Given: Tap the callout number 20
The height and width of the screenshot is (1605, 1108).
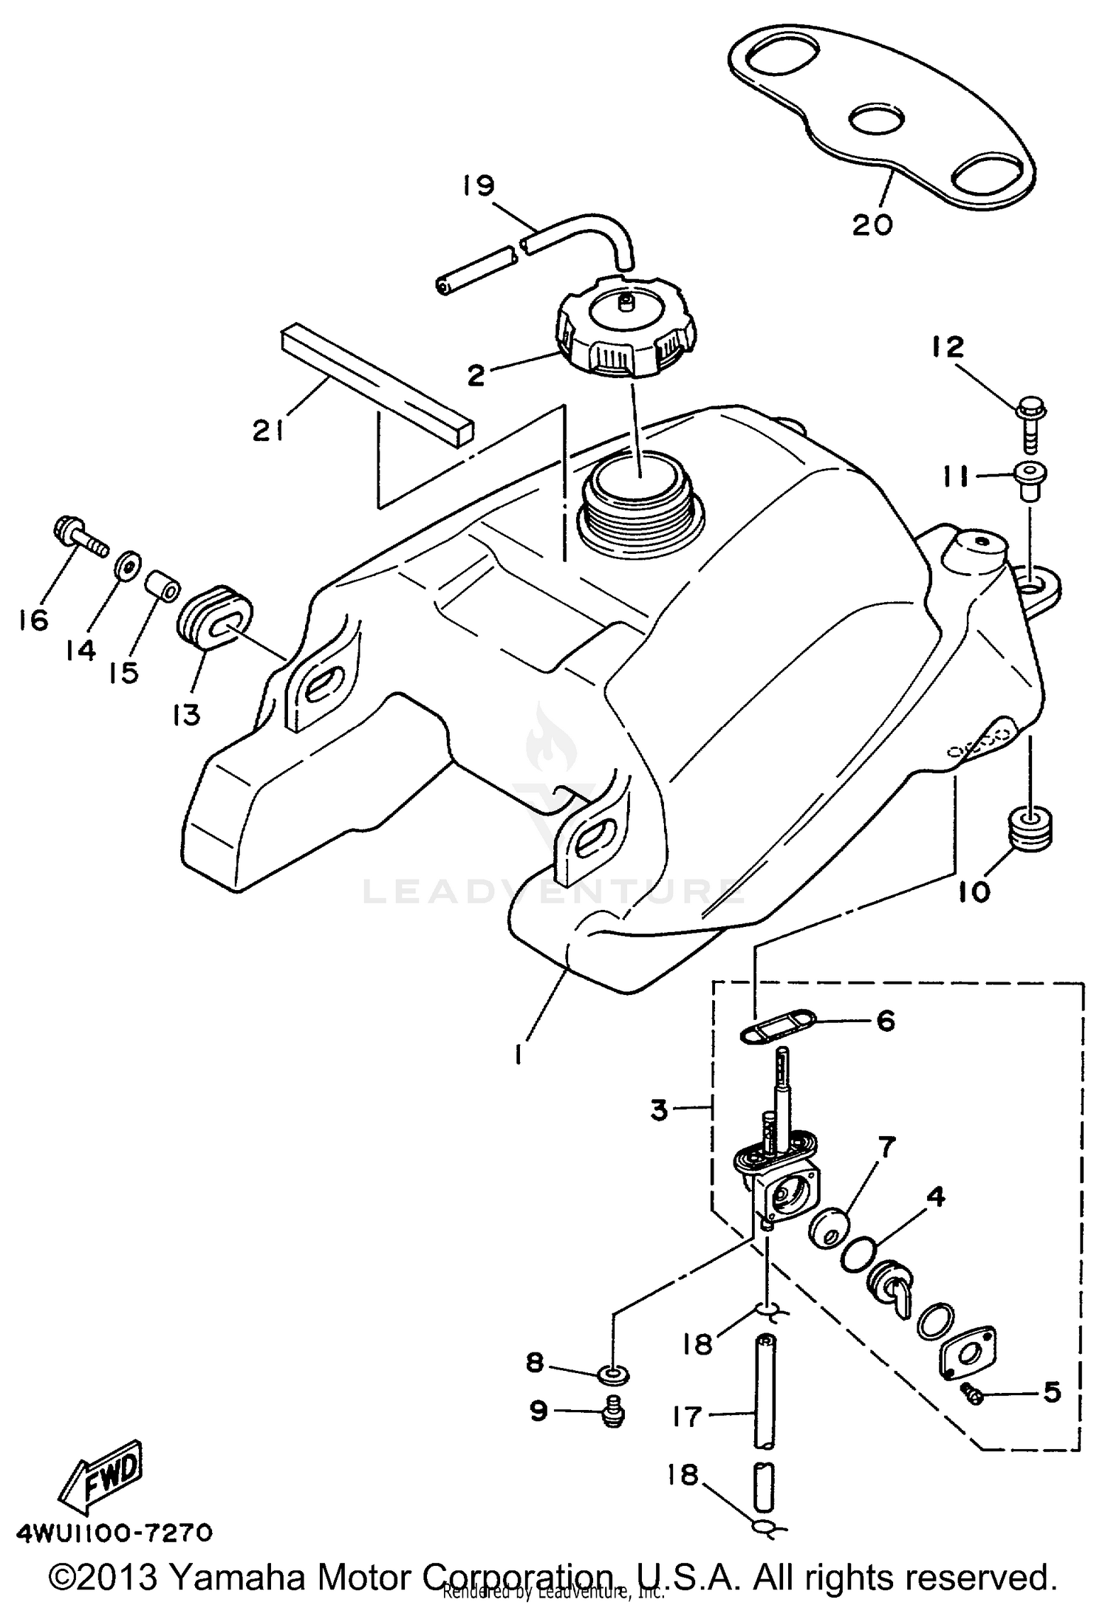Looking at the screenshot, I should click(x=872, y=223).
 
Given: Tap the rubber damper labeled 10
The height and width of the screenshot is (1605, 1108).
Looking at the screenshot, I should click(x=1030, y=829).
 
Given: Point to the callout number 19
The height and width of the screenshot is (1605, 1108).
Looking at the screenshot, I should click(x=479, y=185).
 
